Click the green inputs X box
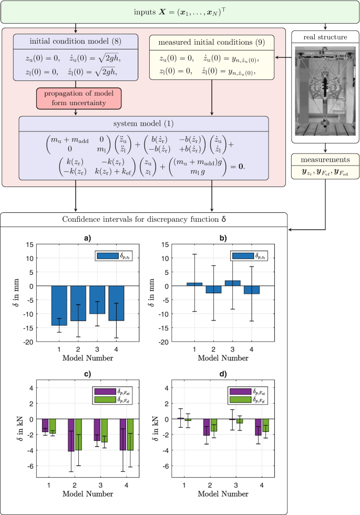180,12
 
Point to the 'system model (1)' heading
143,124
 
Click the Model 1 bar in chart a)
59,305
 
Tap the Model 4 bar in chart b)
252,290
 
